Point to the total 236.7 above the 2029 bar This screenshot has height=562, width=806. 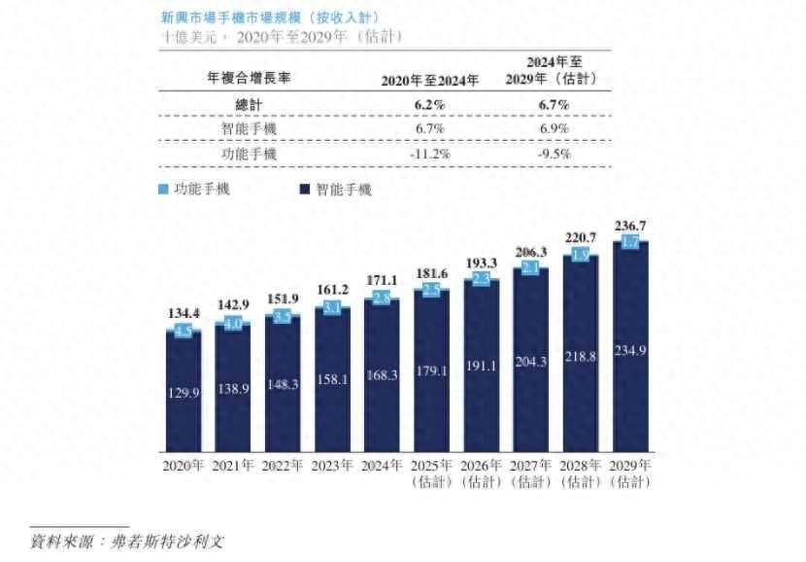coord(630,226)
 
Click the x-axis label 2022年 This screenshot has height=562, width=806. coord(282,465)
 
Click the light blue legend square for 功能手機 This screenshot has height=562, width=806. coord(163,189)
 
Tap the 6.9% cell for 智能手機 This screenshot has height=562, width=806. coord(554,128)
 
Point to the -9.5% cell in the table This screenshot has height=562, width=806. coord(554,154)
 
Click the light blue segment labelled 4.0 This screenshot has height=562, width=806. coord(232,323)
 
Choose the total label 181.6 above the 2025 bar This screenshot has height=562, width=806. coord(431,273)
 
